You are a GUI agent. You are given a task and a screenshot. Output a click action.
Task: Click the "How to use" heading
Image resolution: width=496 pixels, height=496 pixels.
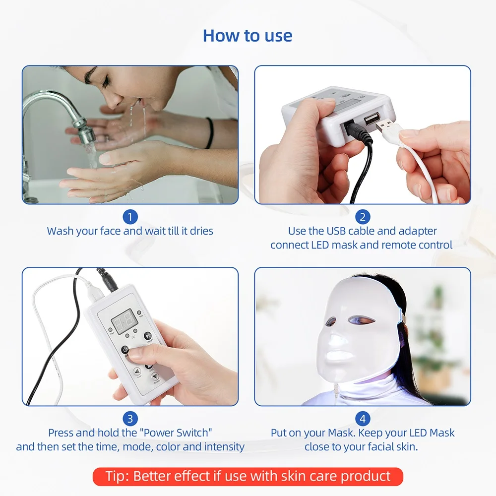(x=248, y=36)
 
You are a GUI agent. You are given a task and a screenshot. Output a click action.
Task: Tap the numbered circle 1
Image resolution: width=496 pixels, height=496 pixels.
(x=130, y=217)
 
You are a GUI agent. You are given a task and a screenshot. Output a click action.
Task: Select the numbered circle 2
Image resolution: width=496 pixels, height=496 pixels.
(x=363, y=217)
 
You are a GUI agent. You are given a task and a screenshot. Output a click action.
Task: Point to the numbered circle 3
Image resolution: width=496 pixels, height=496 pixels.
(x=130, y=419)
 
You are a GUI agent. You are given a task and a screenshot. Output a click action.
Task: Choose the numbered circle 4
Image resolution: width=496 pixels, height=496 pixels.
(x=363, y=419)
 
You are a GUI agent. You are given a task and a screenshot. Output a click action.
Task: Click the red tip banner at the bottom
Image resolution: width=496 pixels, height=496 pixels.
(x=248, y=477)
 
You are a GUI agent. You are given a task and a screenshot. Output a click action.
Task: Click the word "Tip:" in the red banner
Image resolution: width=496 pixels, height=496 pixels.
(x=118, y=477)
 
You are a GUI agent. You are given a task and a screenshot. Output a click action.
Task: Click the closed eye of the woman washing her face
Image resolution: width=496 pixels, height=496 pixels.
(x=92, y=78)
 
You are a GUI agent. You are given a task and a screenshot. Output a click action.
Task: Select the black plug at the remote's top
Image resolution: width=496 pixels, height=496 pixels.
(x=107, y=280)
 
